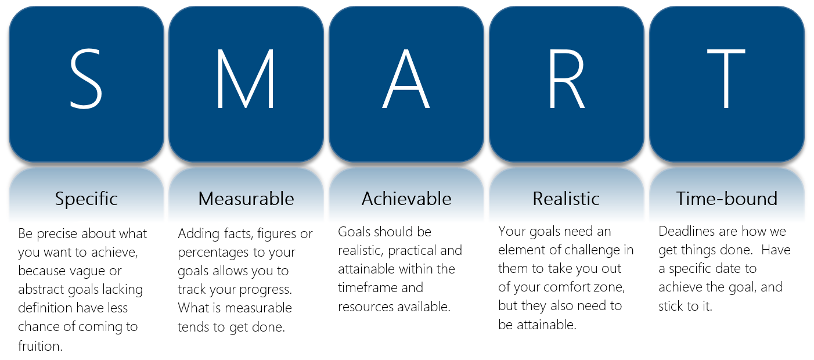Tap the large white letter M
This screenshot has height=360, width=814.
245,78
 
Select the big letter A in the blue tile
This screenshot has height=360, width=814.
406,78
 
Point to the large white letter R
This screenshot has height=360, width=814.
566,78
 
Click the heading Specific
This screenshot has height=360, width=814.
87,199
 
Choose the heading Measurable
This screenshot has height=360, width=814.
246,199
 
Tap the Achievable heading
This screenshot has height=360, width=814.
406,199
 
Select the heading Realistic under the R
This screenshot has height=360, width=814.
566,199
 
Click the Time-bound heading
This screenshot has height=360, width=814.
727,199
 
